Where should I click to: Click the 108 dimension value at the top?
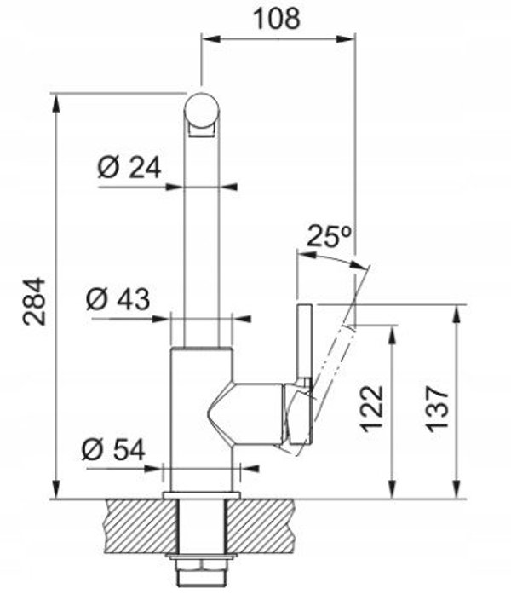pos(277,19)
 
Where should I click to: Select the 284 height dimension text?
pos(34,302)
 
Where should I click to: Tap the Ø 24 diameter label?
pos(129,168)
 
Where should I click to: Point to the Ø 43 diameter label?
pos(118,299)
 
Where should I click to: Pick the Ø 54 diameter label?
pos(113,449)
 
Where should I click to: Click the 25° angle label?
pos(329,236)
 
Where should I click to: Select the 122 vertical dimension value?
pos(371,408)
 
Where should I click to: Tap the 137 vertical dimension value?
pos(437,408)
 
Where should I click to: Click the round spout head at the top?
pos(202,109)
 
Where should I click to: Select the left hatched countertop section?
pos(141,526)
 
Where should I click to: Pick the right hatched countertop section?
pos(261,526)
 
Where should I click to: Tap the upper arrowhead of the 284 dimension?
pos(57,104)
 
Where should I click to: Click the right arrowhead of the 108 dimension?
pos(345,38)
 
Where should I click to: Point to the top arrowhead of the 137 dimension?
pos(457,315)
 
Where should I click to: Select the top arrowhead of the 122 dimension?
pos(393,335)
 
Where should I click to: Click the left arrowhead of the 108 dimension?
pos(211,38)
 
